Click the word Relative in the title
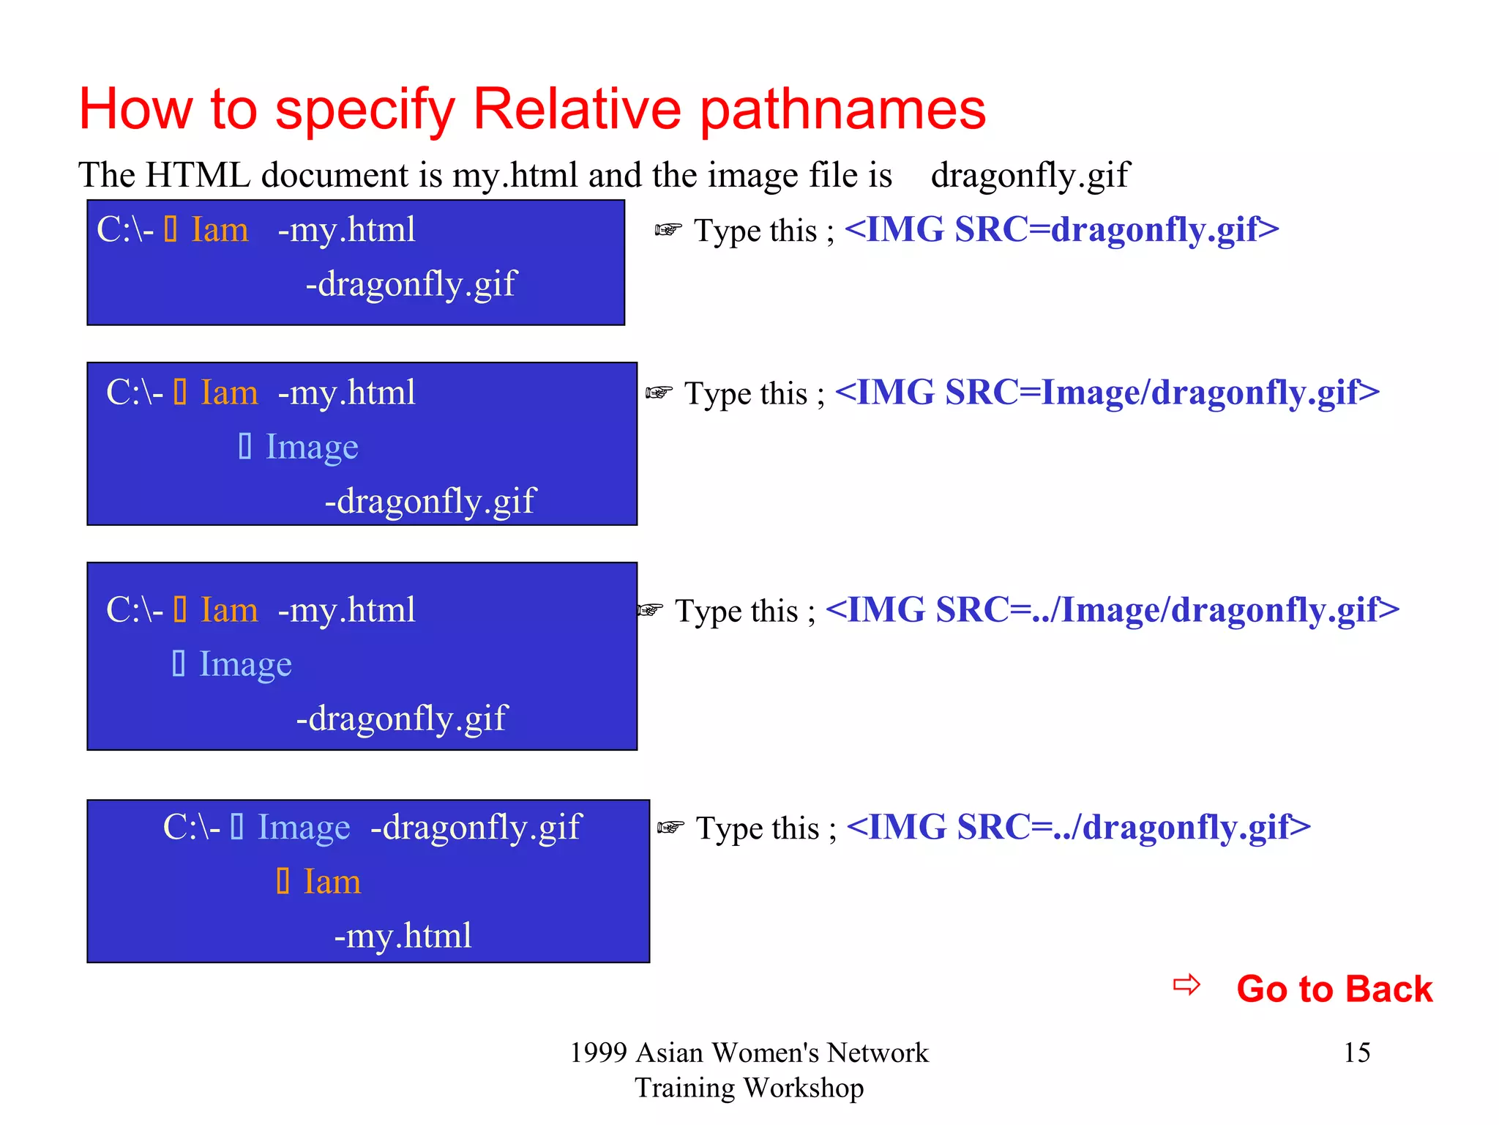[x=577, y=110]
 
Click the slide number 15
[x=1356, y=1052]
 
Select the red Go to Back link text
[x=1334, y=989]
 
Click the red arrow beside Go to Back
[x=1186, y=984]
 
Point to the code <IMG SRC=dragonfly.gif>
[x=1061, y=229]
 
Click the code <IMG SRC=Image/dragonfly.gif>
[x=1107, y=392]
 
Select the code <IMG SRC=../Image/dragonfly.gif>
[x=1112, y=609]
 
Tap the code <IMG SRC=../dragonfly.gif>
[x=1078, y=827]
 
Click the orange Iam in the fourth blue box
[x=332, y=881]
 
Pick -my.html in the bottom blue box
[x=403, y=935]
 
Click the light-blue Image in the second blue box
[x=312, y=447]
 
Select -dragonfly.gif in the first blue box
[x=411, y=284]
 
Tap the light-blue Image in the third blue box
[x=245, y=664]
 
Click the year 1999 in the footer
[x=598, y=1052]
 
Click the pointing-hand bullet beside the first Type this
[x=668, y=230]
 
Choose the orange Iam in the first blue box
[x=220, y=230]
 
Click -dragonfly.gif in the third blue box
[x=401, y=719]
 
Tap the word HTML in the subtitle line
[x=198, y=175]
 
